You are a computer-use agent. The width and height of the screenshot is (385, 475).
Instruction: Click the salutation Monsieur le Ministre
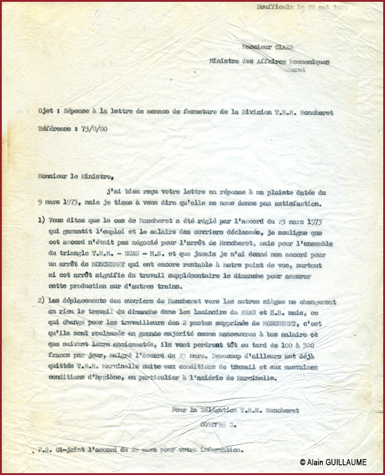coord(75,175)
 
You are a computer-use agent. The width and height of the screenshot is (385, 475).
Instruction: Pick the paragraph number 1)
coord(41,219)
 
